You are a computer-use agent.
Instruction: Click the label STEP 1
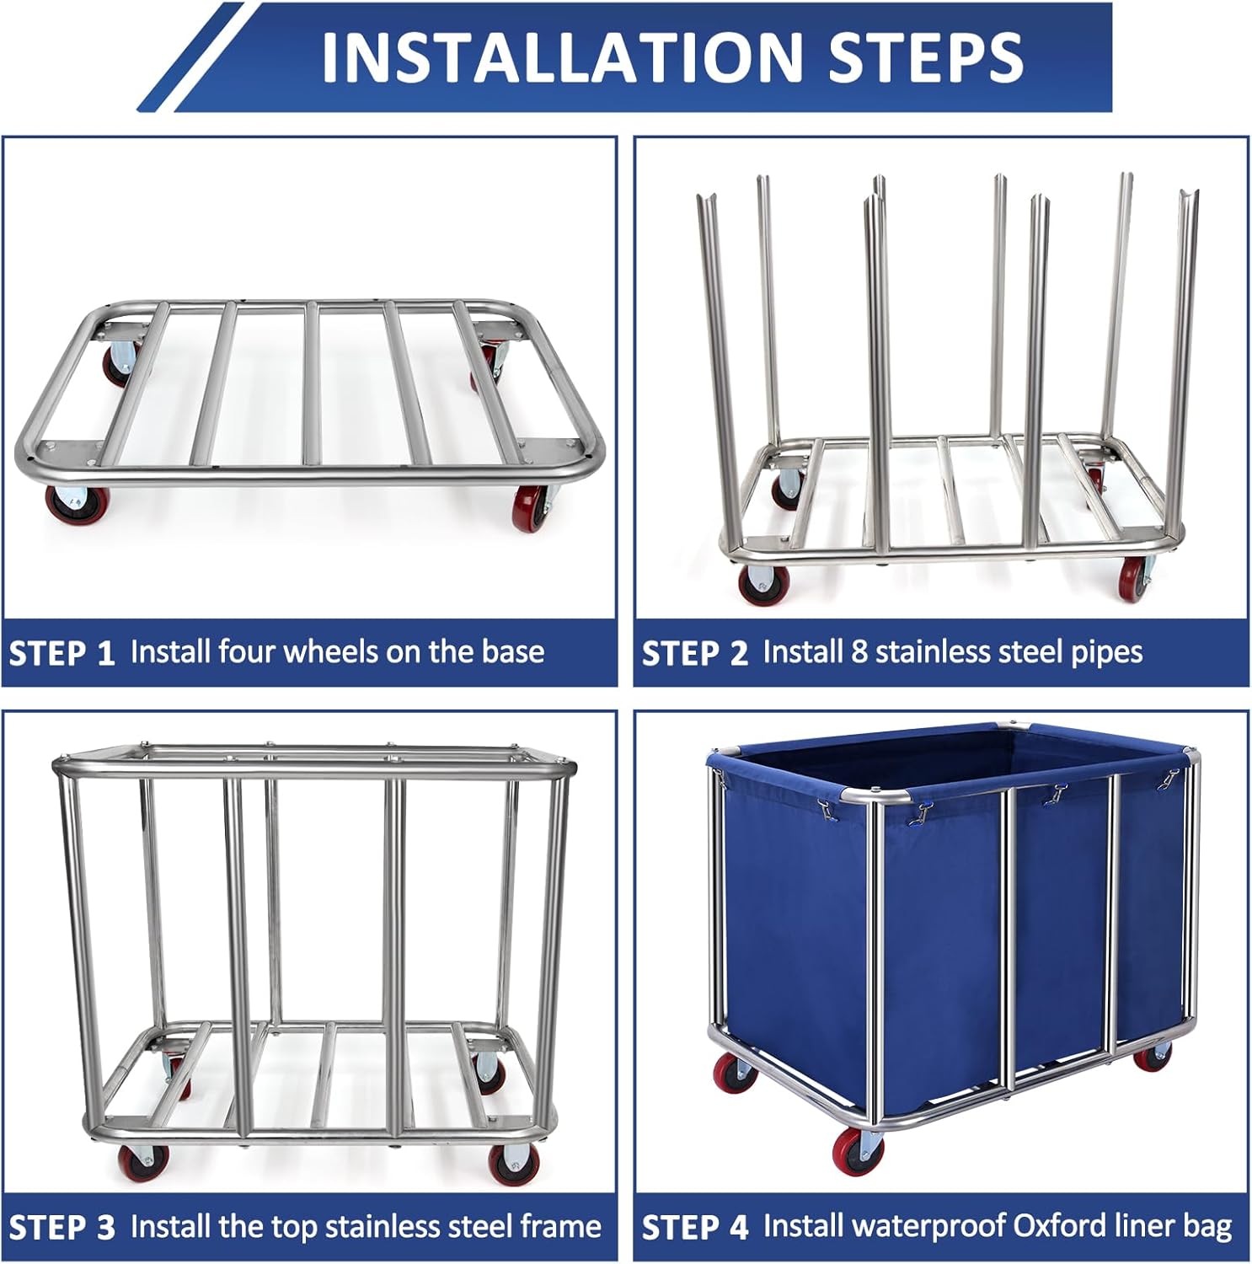pos(62,654)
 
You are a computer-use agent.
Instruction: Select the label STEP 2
pos(695,654)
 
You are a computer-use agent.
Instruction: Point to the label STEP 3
pos(62,1228)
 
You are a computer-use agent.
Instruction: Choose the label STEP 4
pos(695,1228)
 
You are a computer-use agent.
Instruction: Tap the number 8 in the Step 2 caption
pos(859,652)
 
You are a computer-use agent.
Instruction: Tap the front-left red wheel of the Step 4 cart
pos(853,1150)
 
